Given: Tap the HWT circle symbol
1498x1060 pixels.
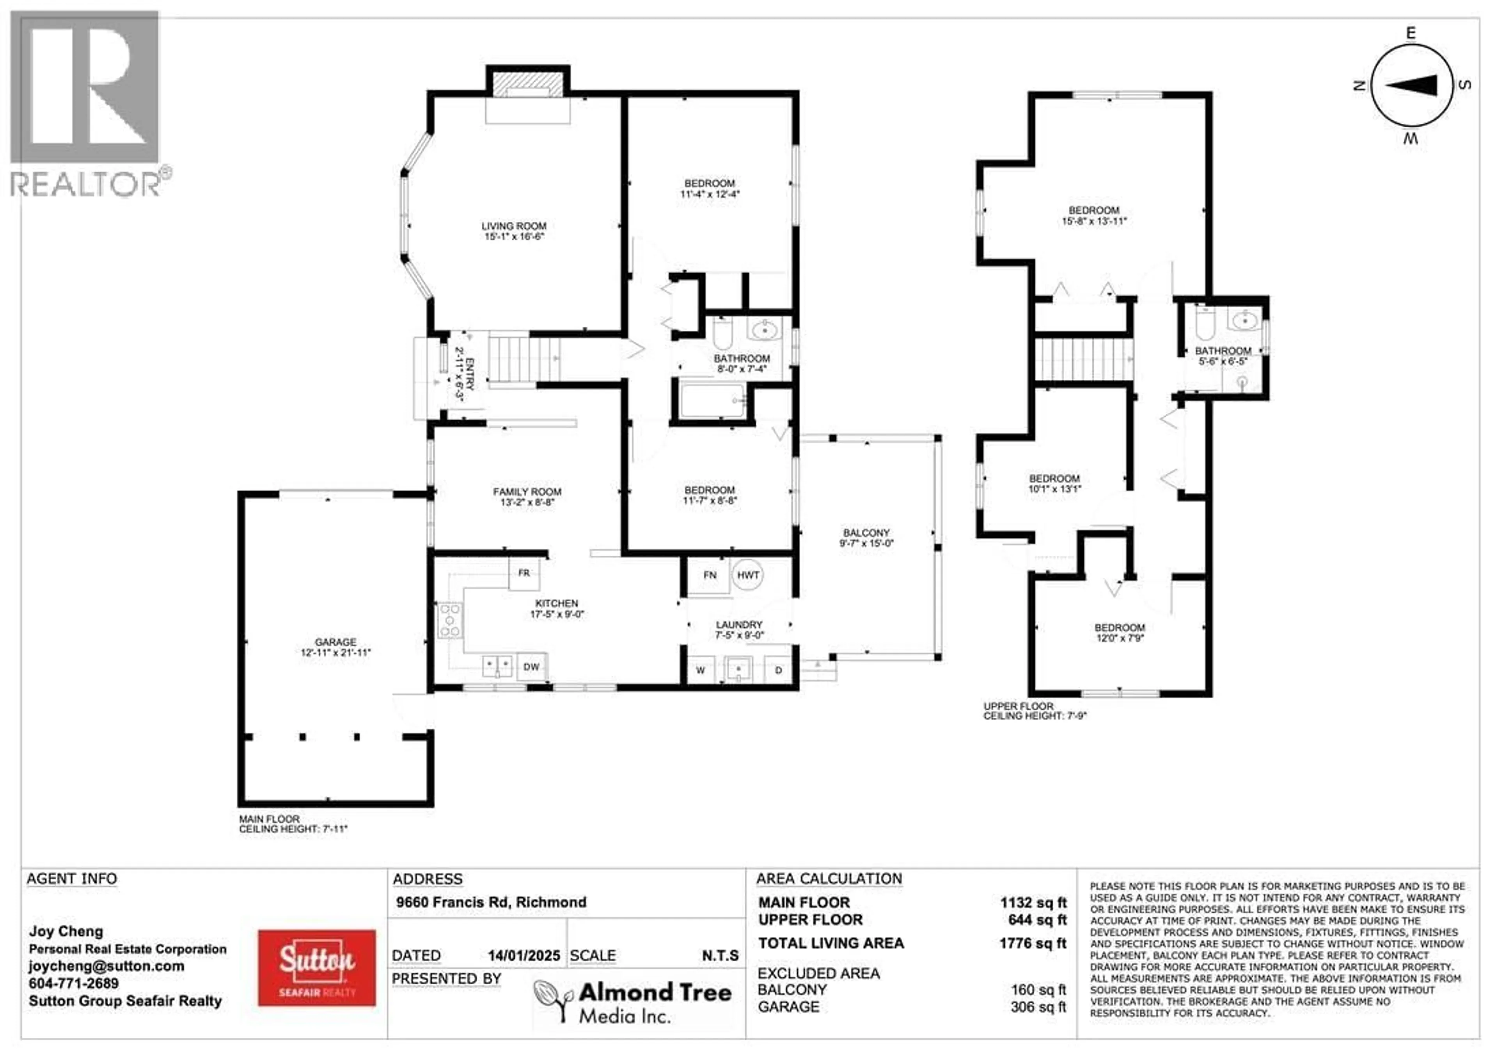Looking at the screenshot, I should [x=748, y=575].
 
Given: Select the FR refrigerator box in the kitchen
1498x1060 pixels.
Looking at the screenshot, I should [x=524, y=573].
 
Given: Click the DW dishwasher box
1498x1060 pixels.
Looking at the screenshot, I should [x=532, y=667].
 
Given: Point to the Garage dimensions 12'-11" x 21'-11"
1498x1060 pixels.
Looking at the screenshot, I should [x=335, y=652].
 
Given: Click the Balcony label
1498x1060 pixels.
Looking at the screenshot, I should [x=866, y=533].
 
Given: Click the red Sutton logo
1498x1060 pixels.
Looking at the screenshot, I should [x=317, y=968].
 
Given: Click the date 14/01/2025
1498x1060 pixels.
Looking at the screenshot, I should [x=524, y=955].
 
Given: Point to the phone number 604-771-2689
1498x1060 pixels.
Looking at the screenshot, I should [x=74, y=983].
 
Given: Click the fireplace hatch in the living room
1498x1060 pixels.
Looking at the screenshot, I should [x=527, y=85].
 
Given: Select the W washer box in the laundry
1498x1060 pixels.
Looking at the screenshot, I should [x=700, y=671].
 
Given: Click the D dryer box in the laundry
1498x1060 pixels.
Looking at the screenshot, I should [x=778, y=671].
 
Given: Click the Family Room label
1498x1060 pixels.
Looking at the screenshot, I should [x=527, y=492].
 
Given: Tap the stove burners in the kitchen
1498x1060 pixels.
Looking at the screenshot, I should [x=449, y=620].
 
